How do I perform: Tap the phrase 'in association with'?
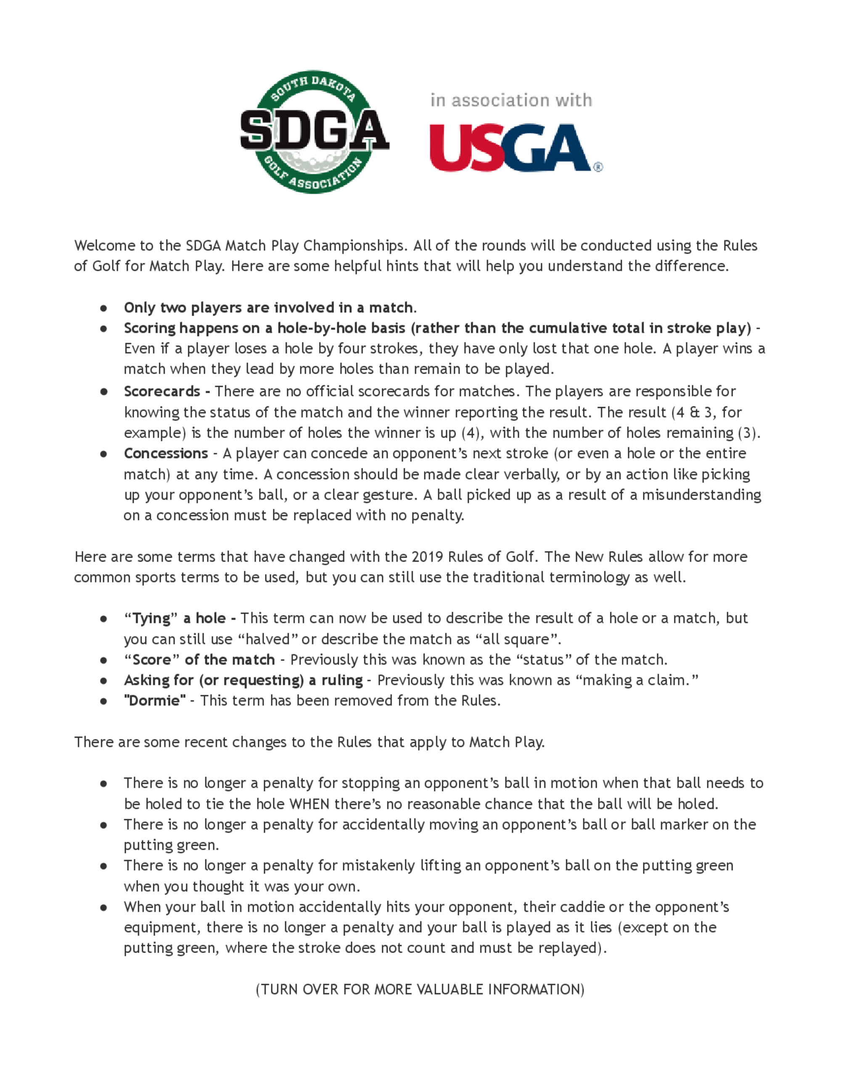pos(511,100)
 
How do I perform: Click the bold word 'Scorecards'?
pos(162,391)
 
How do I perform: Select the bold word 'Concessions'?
pos(166,453)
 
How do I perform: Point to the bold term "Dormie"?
pos(154,700)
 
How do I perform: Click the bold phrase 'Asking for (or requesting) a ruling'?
pos(243,680)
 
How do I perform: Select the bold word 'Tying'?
pos(151,618)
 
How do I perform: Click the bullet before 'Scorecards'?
pos(103,391)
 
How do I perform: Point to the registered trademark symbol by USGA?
pos(598,167)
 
